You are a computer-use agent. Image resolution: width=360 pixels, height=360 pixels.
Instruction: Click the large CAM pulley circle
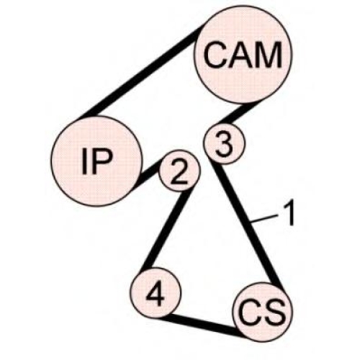(x=243, y=55)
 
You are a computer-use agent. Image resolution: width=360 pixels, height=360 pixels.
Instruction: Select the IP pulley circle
(x=96, y=161)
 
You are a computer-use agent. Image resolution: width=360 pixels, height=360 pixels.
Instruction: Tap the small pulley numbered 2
(x=179, y=171)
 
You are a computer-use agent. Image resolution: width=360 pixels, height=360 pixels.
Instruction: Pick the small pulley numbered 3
(x=224, y=143)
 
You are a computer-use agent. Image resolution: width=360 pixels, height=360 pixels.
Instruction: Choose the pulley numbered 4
(x=156, y=293)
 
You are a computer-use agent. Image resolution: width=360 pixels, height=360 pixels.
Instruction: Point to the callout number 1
(x=289, y=213)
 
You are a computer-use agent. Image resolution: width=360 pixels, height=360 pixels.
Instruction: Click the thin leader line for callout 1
(x=265, y=219)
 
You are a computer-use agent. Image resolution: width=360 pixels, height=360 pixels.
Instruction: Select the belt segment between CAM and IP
(x=143, y=71)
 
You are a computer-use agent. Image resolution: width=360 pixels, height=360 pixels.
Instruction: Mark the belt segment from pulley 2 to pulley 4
(x=168, y=230)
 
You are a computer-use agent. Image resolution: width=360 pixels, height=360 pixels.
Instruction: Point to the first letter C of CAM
(x=216, y=55)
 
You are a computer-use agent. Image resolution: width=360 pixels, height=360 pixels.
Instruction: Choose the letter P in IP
(x=102, y=161)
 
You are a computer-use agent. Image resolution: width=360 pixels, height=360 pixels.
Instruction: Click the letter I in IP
(x=84, y=161)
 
